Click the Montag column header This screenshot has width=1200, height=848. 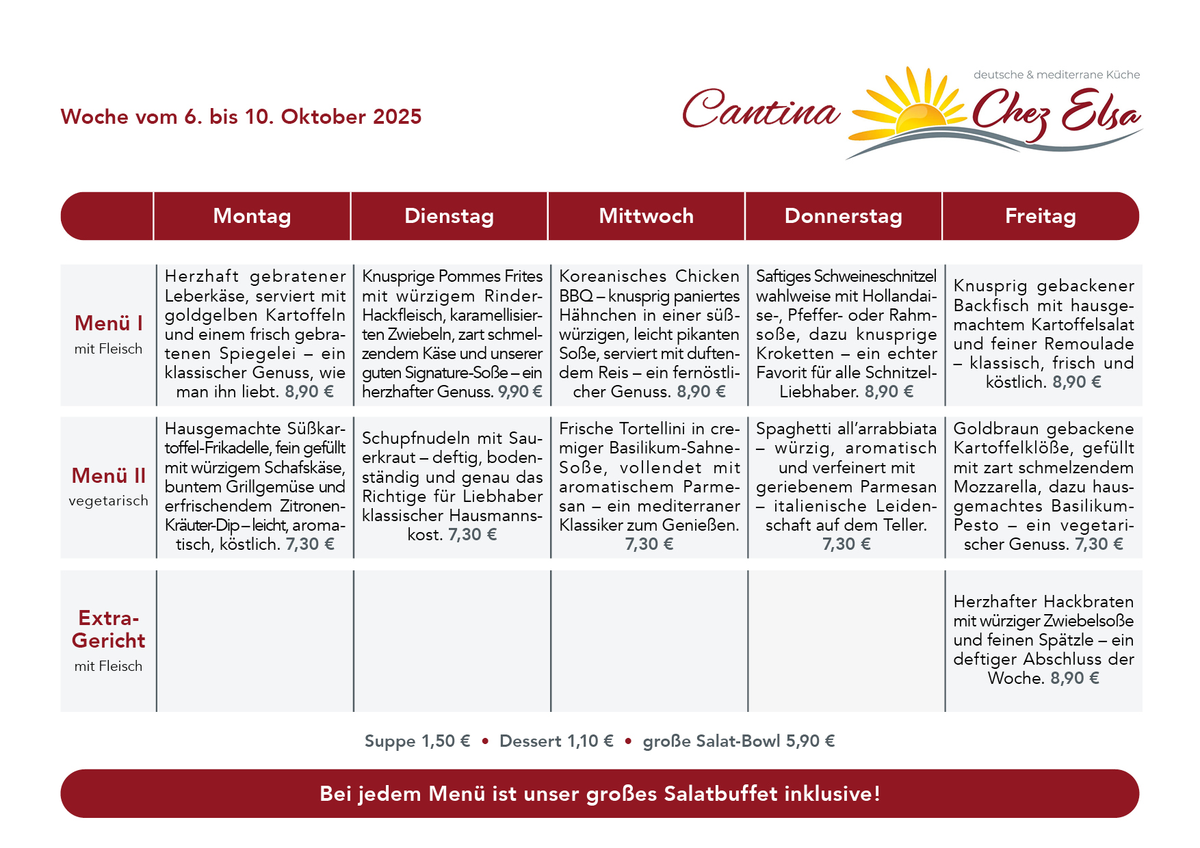[x=252, y=216]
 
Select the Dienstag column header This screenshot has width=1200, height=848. [x=449, y=216]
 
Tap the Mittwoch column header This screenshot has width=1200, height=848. [x=646, y=216]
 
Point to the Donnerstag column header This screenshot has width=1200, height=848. [x=843, y=216]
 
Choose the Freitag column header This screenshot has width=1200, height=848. [x=1040, y=216]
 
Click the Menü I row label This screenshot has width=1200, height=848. [x=109, y=323]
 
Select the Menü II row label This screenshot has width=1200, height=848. [x=109, y=476]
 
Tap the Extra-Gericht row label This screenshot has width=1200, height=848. [x=109, y=629]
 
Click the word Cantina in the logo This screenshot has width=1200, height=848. [x=761, y=109]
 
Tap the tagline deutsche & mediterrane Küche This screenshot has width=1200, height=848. [x=1056, y=75]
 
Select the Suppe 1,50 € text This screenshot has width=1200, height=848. [x=417, y=741]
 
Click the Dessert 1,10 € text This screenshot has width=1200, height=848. [x=556, y=741]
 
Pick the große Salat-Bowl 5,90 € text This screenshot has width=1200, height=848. [x=739, y=741]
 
